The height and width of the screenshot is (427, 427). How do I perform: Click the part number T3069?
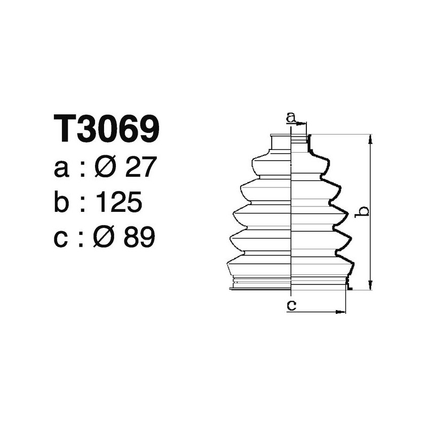click(107, 129)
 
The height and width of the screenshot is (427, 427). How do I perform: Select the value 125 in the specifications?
click(118, 203)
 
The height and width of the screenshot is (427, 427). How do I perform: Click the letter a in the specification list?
click(62, 170)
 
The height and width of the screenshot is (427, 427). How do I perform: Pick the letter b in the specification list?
click(62, 203)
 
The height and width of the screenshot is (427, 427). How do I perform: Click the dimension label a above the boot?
click(291, 116)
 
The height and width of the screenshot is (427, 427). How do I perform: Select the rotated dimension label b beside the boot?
click(362, 212)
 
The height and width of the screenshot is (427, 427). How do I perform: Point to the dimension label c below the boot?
click(291, 305)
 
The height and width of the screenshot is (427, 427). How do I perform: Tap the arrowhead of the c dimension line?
click(342, 311)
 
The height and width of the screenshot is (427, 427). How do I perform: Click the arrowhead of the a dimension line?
click(304, 124)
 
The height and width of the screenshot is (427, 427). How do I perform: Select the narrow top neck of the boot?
click(290, 143)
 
